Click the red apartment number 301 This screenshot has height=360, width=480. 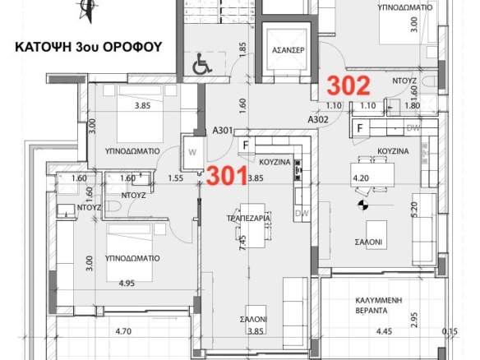click(227, 175)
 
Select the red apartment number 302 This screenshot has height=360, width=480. click(348, 85)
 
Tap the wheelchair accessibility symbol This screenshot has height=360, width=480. click(201, 63)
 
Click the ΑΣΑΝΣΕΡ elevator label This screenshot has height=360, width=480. click(288, 50)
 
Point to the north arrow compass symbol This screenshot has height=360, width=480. click(88, 10)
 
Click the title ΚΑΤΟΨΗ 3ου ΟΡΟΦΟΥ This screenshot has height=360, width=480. click(89, 47)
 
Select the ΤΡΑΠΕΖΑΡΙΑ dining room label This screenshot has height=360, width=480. click(248, 219)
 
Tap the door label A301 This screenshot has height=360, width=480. click(223, 131)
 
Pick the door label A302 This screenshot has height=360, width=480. click(318, 119)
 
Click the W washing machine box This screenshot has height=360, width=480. click(192, 152)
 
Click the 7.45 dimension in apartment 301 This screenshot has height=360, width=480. click(242, 243)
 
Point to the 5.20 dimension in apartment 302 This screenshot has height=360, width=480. click(414, 210)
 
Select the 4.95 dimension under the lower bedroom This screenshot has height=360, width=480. click(127, 284)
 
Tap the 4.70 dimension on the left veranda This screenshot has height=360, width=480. click(123, 331)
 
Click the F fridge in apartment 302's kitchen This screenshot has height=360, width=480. click(360, 127)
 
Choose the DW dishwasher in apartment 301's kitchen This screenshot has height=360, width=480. click(302, 213)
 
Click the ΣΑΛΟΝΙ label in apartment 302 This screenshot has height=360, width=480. click(368, 242)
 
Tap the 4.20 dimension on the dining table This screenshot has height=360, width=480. click(361, 178)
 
